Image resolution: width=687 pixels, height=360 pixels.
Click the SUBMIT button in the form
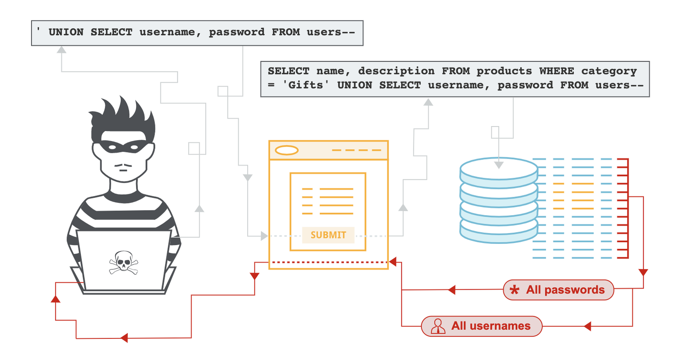328,235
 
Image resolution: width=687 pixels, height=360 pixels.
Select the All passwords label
565,290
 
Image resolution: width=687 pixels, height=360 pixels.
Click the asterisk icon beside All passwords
515,290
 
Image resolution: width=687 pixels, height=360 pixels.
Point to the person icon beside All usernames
438,326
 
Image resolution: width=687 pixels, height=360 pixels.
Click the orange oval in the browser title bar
286,150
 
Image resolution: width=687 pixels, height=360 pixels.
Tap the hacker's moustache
123,166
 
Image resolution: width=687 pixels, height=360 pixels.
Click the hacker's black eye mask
123,146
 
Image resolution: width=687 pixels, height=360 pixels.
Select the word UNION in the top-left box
66,32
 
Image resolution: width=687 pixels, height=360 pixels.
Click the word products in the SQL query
504,71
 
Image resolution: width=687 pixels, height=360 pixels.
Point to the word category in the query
609,71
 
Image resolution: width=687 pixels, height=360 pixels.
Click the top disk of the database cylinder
499,169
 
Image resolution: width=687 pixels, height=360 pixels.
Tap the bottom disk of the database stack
499,233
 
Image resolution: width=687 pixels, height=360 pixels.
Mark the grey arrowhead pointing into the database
499,165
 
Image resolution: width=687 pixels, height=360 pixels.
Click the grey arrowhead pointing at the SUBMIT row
264,236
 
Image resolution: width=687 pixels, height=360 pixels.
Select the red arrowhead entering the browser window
393,262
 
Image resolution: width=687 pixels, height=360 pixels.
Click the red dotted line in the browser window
329,262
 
